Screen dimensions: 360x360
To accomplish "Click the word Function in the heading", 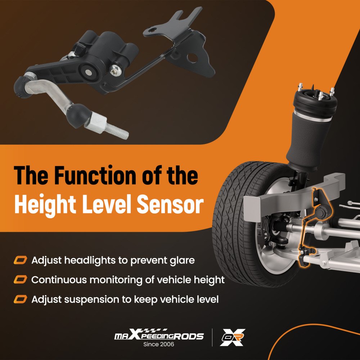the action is point(96,175).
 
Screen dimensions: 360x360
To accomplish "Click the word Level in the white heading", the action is point(107,204).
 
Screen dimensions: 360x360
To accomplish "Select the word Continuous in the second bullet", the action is point(59,280).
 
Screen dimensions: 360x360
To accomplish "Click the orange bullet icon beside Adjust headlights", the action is point(21,260).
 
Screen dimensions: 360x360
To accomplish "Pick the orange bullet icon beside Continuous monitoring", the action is point(21,280).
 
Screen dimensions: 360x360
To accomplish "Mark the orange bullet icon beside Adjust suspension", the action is point(21,300).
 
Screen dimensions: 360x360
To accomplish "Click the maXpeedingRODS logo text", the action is point(159,335).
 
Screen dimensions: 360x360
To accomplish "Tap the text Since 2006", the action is point(159,344).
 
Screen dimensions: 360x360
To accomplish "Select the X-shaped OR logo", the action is point(233,337).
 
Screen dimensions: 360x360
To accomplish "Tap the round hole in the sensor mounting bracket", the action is point(192,58).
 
